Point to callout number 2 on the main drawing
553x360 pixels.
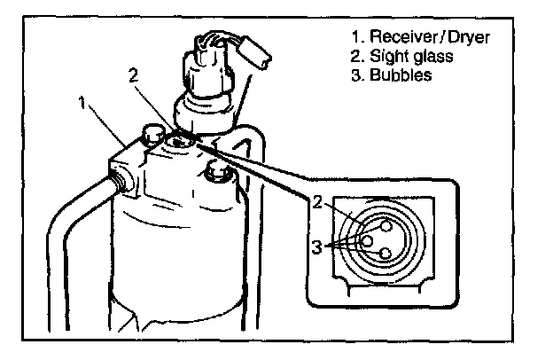tap(132, 76)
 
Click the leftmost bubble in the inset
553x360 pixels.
tap(365, 239)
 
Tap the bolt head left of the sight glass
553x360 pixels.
tap(152, 136)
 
